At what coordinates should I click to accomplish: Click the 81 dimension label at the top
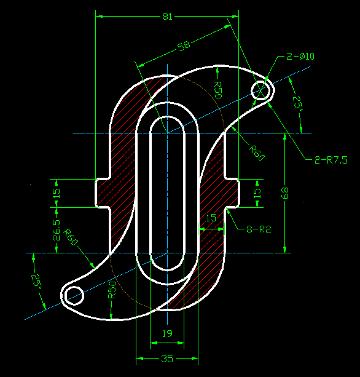167,17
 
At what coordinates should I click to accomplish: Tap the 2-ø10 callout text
300,57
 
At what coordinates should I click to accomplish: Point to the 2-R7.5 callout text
331,160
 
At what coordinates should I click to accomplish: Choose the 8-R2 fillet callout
259,229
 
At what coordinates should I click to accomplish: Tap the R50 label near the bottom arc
112,290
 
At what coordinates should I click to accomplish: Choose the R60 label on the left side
72,237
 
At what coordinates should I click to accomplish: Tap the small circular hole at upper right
261,90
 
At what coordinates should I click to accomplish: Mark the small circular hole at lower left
74,293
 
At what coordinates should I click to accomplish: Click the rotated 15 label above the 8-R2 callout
257,192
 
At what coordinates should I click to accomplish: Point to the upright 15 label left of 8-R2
211,218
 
